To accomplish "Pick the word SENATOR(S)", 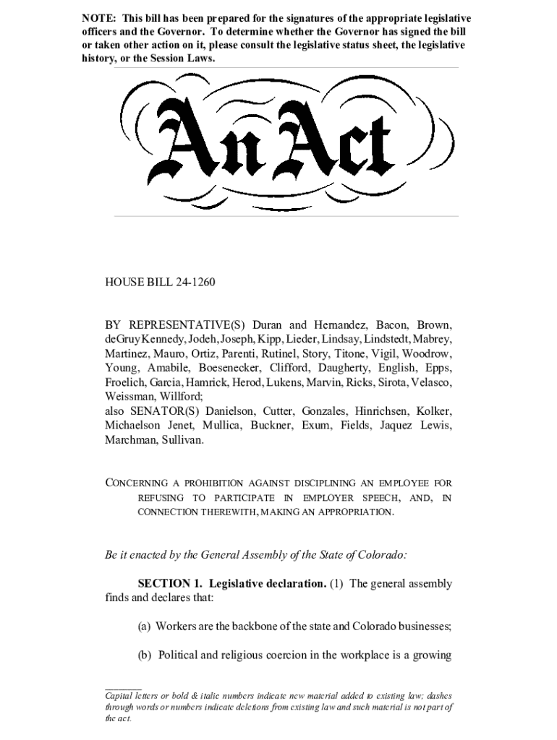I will click(166, 410).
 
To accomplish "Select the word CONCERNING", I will click(137, 483).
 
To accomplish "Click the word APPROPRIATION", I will click(350, 512).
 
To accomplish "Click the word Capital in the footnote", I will click(122, 696).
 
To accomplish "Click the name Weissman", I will click(129, 396).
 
